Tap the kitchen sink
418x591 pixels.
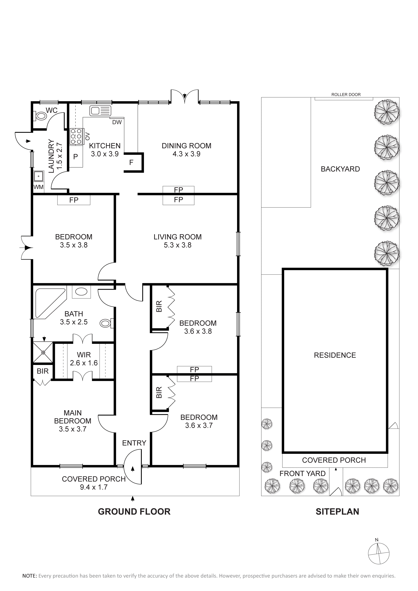pyautogui.click(x=100, y=111)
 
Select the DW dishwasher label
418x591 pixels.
pyautogui.click(x=117, y=122)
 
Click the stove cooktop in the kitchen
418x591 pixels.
pyautogui.click(x=76, y=136)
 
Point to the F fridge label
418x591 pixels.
pyautogui.click(x=131, y=162)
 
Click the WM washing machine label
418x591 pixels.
pyautogui.click(x=39, y=187)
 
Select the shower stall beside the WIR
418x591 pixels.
pyautogui.click(x=43, y=352)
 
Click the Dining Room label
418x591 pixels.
pyautogui.click(x=186, y=146)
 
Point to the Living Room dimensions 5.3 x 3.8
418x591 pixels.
pyautogui.click(x=178, y=245)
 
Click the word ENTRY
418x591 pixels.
pyautogui.click(x=134, y=443)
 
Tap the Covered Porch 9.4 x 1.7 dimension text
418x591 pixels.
pyautogui.click(x=94, y=487)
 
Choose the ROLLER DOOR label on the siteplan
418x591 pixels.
pyautogui.click(x=346, y=95)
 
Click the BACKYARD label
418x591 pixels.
pyautogui.click(x=340, y=169)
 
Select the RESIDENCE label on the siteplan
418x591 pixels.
pyautogui.click(x=335, y=355)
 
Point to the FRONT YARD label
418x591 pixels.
pyautogui.click(x=302, y=473)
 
